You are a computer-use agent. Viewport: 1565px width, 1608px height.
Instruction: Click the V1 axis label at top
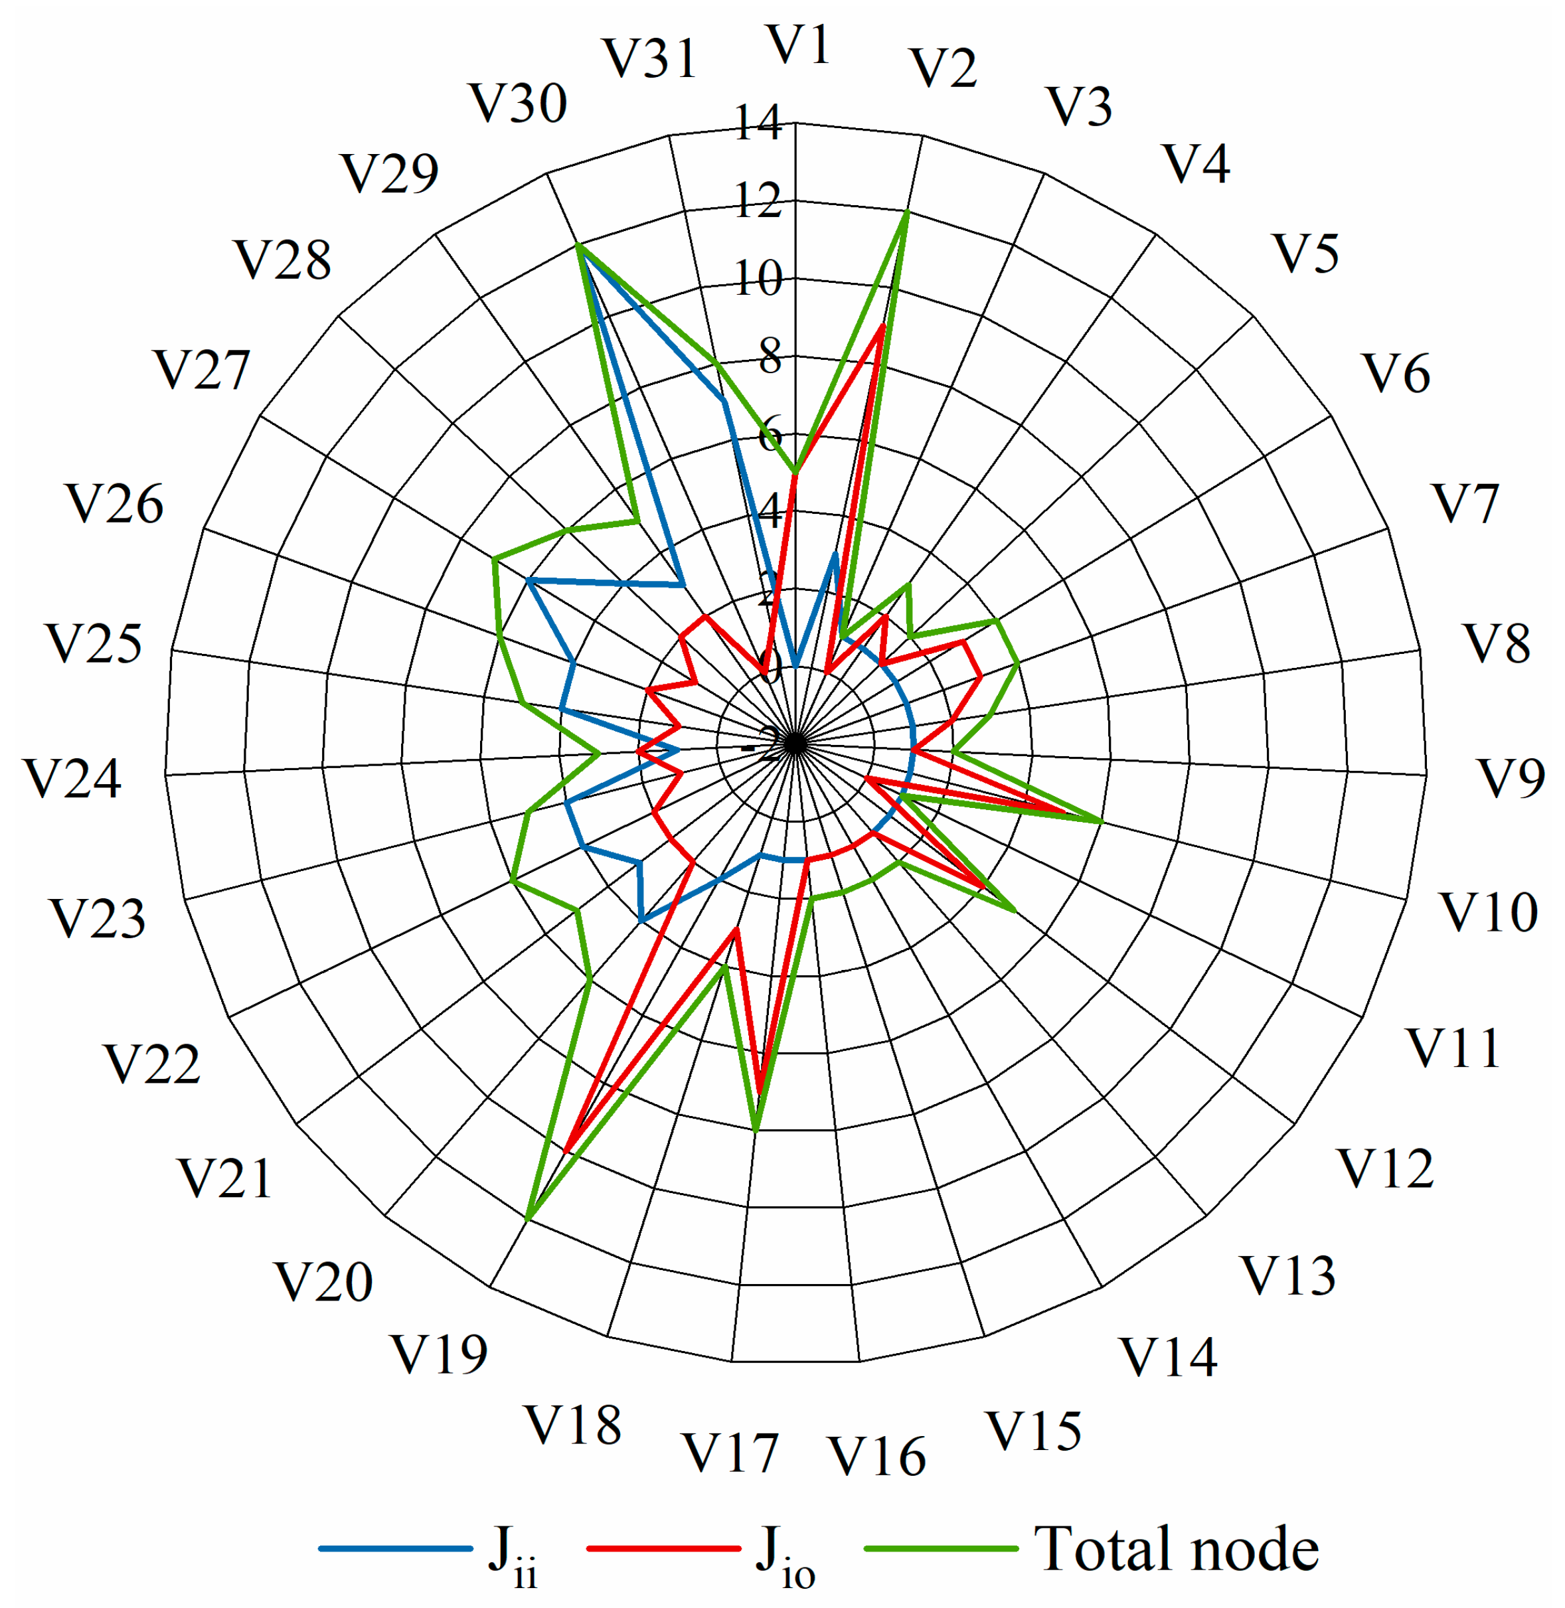point(798,45)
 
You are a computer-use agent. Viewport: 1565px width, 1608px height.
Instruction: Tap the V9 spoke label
point(1511,778)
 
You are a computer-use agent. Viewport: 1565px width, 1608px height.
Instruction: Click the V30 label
point(518,104)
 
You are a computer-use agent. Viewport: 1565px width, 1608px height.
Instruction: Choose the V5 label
point(1306,253)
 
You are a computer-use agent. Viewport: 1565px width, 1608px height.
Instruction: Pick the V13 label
point(1287,1276)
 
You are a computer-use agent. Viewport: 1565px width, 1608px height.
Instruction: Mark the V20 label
point(323,1282)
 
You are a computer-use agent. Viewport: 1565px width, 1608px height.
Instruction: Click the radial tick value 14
point(757,123)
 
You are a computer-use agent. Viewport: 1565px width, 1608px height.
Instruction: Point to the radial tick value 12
point(757,201)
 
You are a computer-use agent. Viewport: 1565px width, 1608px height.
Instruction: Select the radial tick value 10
point(757,280)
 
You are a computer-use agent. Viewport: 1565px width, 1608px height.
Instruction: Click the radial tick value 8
point(768,357)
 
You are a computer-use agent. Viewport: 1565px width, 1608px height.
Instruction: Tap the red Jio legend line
point(663,1549)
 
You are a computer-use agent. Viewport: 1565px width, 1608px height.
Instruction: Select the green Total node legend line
point(940,1549)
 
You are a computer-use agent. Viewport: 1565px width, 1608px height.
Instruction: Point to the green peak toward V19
point(528,1220)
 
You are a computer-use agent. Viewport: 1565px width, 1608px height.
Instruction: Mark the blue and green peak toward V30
point(578,245)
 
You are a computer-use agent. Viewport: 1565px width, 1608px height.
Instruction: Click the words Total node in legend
point(1176,1549)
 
